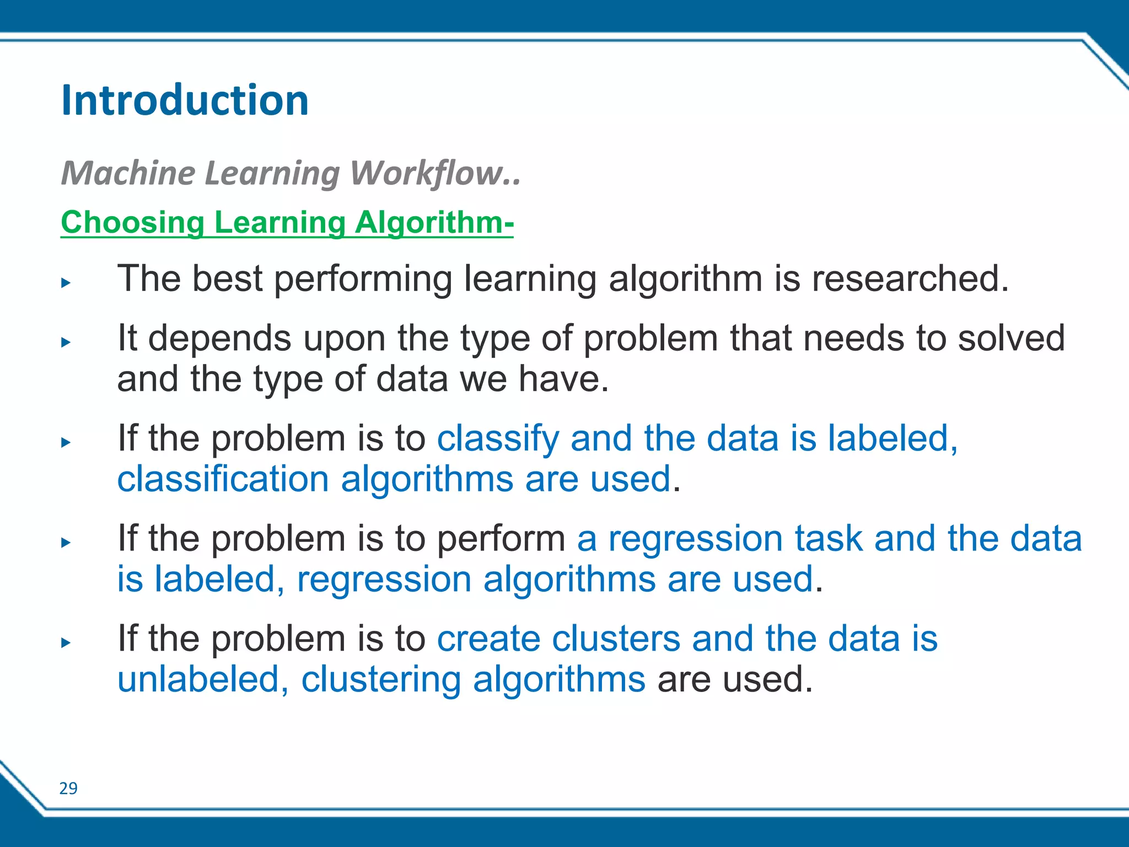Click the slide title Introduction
185,100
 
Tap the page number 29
68,789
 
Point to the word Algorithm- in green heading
434,223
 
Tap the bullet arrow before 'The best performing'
66,283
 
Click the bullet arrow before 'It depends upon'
66,342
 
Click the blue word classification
223,479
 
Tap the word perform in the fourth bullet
501,539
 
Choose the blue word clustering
381,680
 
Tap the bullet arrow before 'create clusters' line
66,642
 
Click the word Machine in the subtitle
128,173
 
